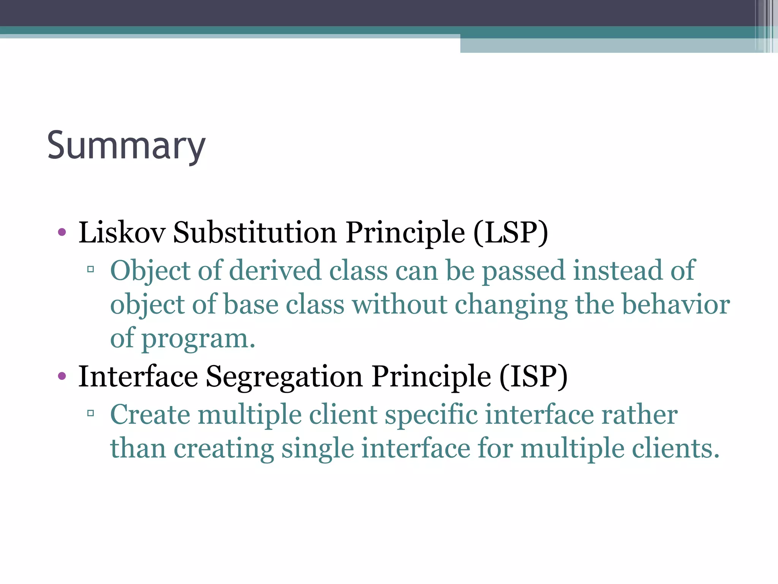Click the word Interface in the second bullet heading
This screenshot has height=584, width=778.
138,376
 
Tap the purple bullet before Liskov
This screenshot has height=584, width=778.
62,232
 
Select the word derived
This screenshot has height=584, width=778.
275,270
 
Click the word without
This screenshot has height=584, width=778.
399,305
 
